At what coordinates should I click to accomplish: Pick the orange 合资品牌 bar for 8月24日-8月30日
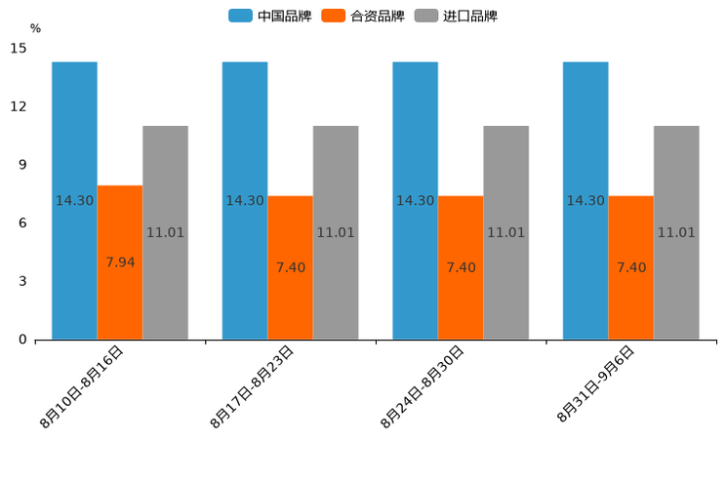pyautogui.click(x=461, y=302)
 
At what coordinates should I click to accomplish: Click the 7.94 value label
pyautogui.click(x=120, y=262)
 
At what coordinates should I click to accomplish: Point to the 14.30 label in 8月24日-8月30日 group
pyautogui.click(x=415, y=201)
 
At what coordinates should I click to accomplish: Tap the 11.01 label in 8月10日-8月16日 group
pyautogui.click(x=165, y=232)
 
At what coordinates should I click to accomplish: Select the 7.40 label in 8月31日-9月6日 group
pyautogui.click(x=631, y=267)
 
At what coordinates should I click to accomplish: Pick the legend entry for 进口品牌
pyautogui.click(x=456, y=16)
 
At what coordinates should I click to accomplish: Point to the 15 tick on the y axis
pyautogui.click(x=20, y=48)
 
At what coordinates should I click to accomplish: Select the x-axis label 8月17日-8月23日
pyautogui.click(x=252, y=387)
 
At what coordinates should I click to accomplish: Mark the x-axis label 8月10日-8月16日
pyautogui.click(x=82, y=387)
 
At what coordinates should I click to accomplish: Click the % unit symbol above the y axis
pyautogui.click(x=35, y=28)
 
